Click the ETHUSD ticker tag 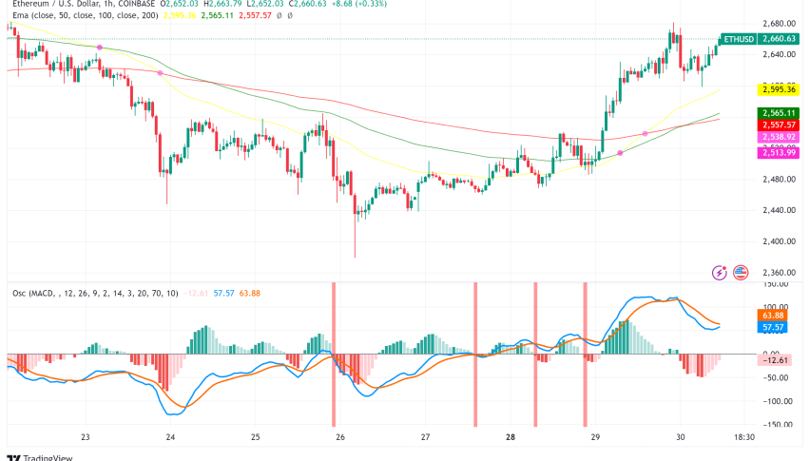(739, 39)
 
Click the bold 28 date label (511, 437)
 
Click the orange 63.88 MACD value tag (772, 315)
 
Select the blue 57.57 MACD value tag (772, 327)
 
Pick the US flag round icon (741, 273)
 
